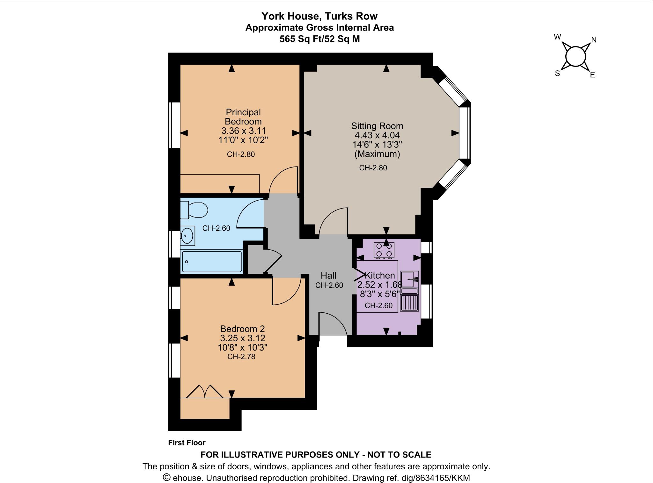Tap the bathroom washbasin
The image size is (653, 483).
point(187,236)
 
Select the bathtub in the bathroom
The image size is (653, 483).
point(211,262)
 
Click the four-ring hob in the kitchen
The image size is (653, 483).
point(384,250)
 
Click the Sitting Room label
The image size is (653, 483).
point(377,126)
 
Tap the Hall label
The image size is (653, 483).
point(328,275)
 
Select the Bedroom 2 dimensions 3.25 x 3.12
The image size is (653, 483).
point(243,338)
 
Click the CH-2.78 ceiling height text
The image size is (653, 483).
point(241,357)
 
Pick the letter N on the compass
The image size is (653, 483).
point(594,40)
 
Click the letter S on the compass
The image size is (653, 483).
point(557,74)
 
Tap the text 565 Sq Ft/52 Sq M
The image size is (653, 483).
point(319,39)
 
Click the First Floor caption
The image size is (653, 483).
point(187,443)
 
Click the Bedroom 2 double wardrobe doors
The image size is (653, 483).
point(205,392)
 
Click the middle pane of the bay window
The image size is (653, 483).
point(465,133)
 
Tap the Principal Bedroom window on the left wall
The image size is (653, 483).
point(174,125)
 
